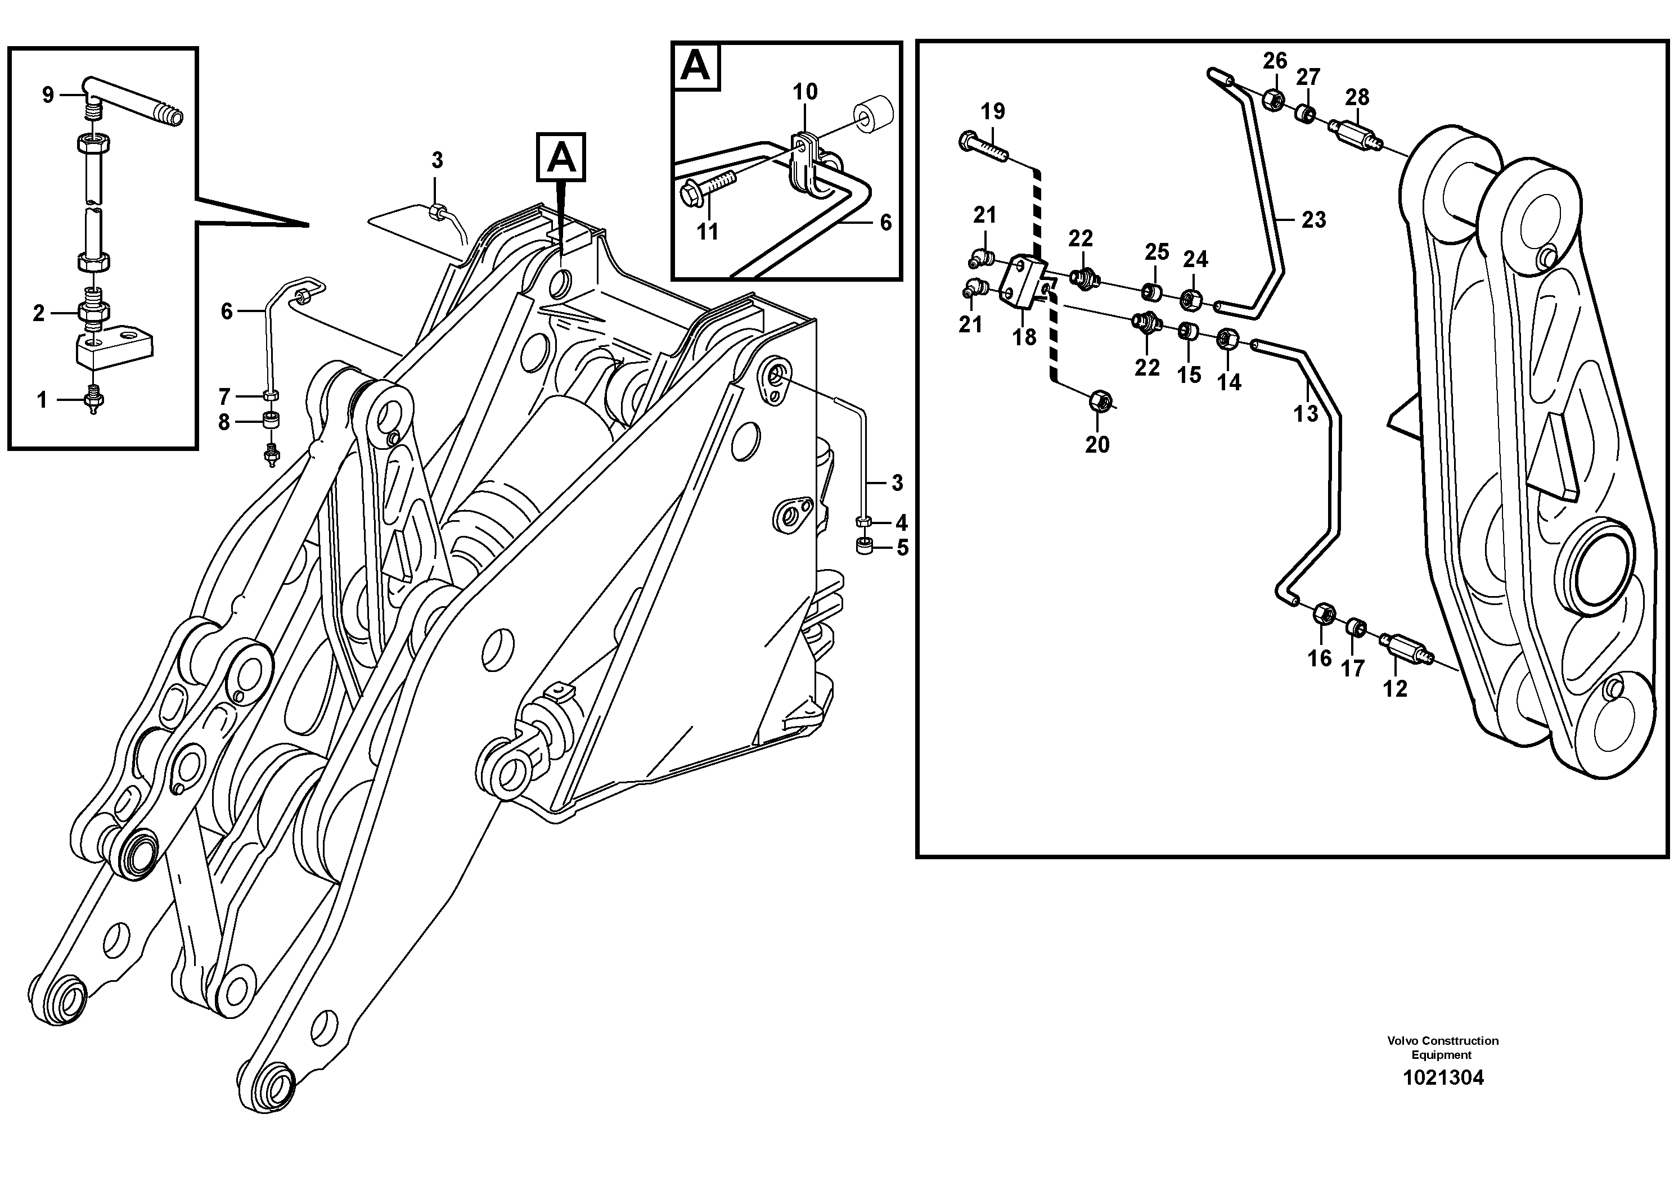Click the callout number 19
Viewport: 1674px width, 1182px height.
pyautogui.click(x=992, y=111)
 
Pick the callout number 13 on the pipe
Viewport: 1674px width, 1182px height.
pyautogui.click(x=1305, y=414)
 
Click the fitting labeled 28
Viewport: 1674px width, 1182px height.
pyautogui.click(x=1357, y=135)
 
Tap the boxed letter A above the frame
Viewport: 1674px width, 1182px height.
pyautogui.click(x=561, y=157)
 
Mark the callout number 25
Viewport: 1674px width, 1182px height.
pyautogui.click(x=1156, y=252)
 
